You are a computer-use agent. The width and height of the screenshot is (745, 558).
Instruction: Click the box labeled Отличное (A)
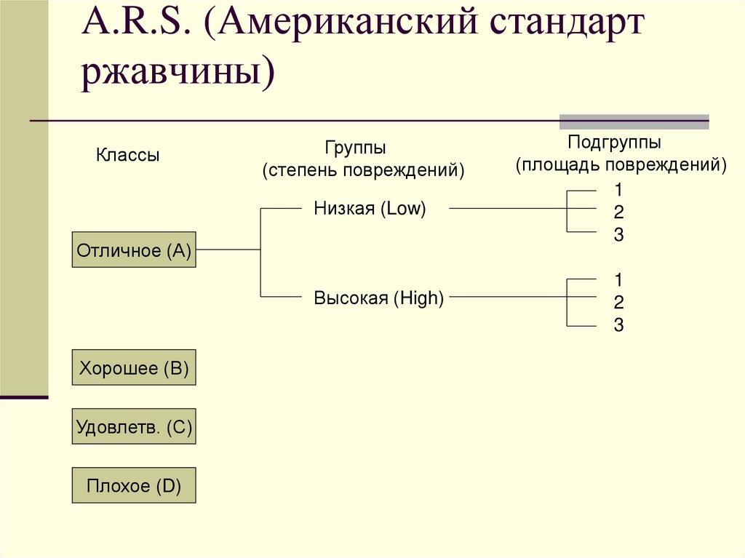(x=134, y=250)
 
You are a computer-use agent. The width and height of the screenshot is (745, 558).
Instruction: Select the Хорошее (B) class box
(x=134, y=367)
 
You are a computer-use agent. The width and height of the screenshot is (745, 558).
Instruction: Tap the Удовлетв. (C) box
(x=134, y=426)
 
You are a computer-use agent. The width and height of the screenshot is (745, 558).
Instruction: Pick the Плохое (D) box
(x=134, y=485)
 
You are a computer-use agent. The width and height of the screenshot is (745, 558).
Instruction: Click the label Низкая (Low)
(x=370, y=209)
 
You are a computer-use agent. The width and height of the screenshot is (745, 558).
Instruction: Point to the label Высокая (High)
(x=378, y=298)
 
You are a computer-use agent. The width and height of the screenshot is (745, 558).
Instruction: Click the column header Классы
(x=127, y=155)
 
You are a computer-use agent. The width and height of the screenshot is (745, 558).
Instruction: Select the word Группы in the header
(x=355, y=148)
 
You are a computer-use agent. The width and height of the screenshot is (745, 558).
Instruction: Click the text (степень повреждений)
(x=363, y=170)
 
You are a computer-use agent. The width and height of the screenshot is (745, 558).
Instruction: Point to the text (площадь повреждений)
(x=621, y=164)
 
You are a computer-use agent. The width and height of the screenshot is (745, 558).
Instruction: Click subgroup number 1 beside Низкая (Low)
(x=618, y=191)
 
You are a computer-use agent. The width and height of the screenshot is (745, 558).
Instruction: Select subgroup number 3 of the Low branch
(x=618, y=235)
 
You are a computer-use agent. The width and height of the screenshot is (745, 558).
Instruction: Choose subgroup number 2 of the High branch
(x=618, y=303)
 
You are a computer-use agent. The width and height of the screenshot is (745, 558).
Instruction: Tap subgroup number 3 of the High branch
(x=618, y=325)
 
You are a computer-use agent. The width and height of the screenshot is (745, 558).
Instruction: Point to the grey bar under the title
(x=634, y=121)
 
